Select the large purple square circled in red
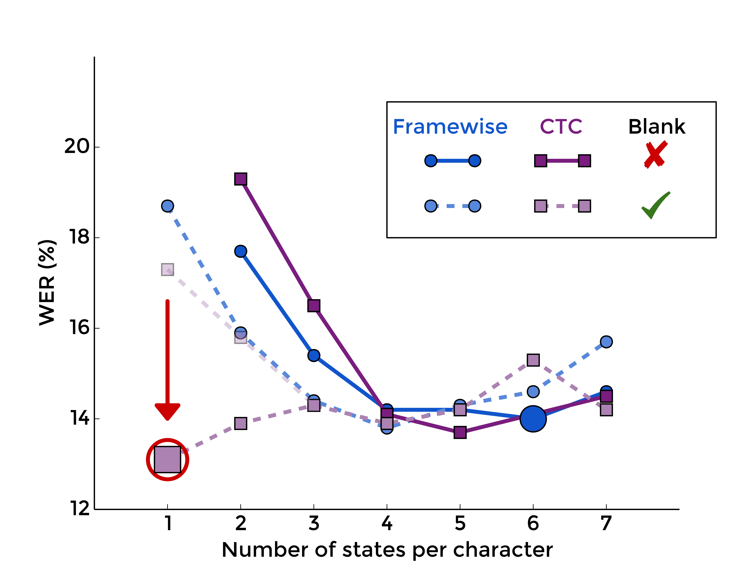[167, 460]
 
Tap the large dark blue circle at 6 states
[533, 419]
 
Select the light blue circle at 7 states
[606, 341]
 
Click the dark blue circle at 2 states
[241, 251]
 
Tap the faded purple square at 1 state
[167, 269]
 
